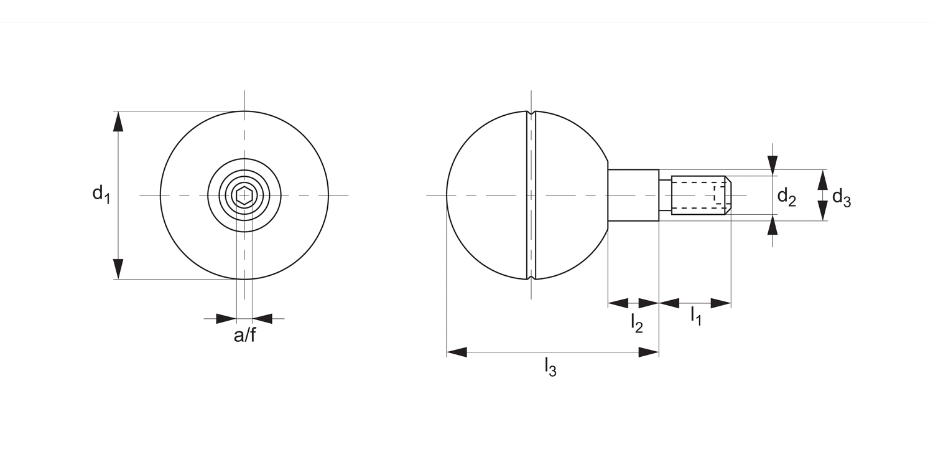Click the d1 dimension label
click(101, 194)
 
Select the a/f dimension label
click(244, 336)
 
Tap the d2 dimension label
click(786, 197)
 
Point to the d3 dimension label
click(841, 197)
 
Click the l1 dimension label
click(695, 316)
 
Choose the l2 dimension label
click(636, 323)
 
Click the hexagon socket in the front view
click(244, 196)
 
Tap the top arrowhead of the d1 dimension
click(118, 121)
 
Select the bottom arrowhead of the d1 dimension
click(118, 269)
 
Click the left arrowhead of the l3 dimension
click(457, 352)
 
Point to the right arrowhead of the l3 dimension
click(649, 352)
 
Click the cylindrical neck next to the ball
click(633, 195)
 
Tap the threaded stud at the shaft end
click(700, 195)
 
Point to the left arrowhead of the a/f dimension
click(226, 319)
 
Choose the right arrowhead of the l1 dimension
click(720, 303)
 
